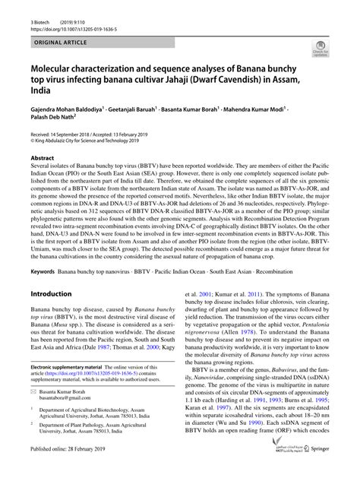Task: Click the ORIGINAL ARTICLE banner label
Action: point(54,36)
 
